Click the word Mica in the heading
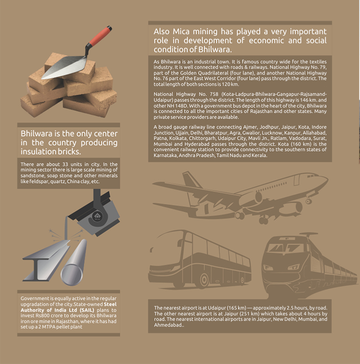pos(181,31)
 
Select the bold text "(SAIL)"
pos(87,310)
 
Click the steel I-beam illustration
pos(46,261)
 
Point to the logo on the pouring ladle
pos(97,216)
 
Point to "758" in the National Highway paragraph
pos(214,94)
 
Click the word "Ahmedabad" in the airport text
pos(168,325)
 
